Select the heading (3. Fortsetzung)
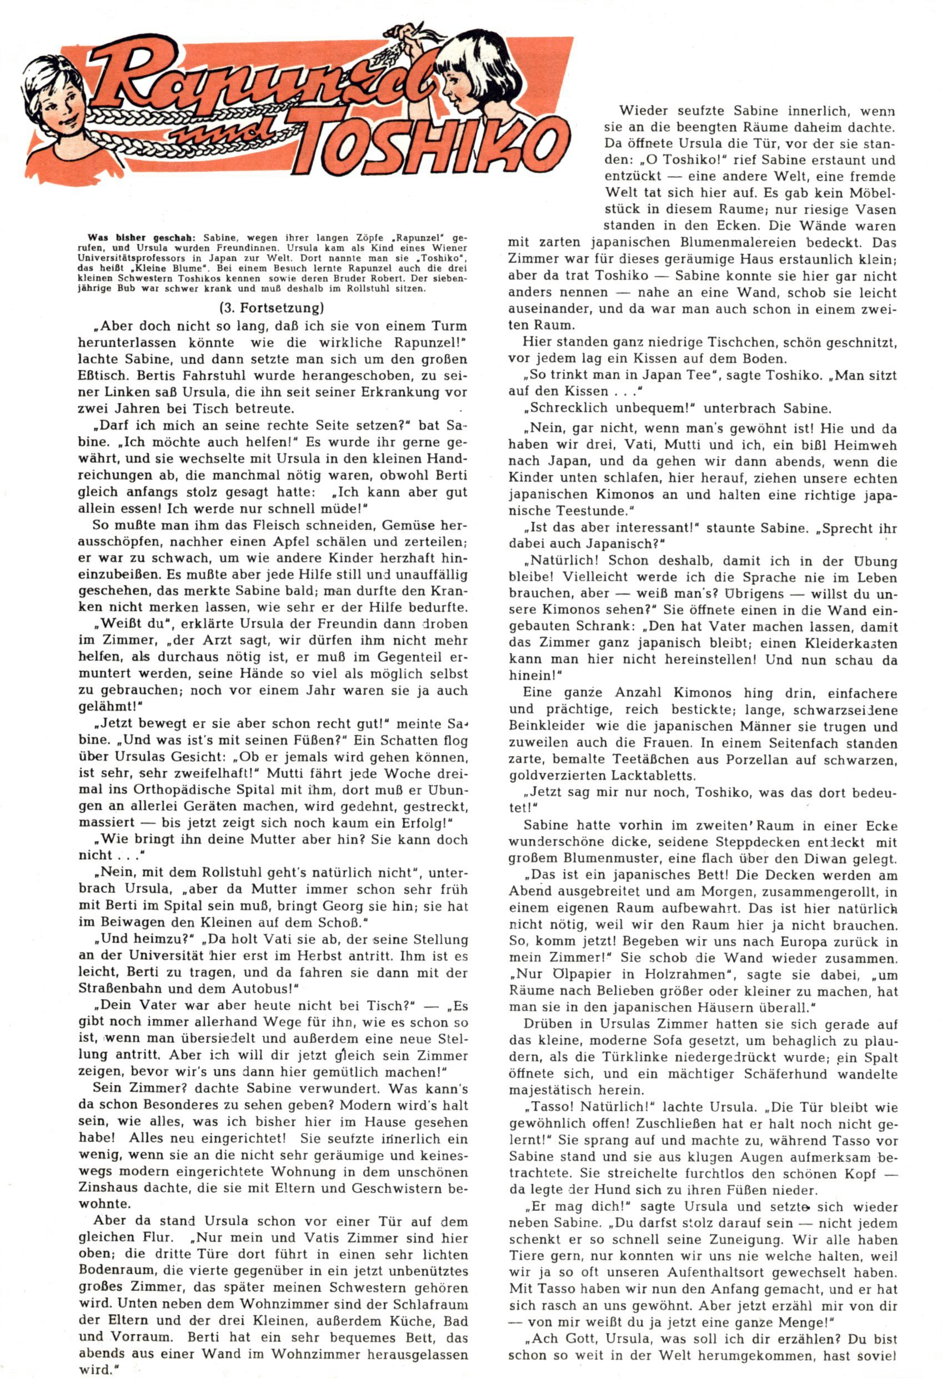pos(272,308)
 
